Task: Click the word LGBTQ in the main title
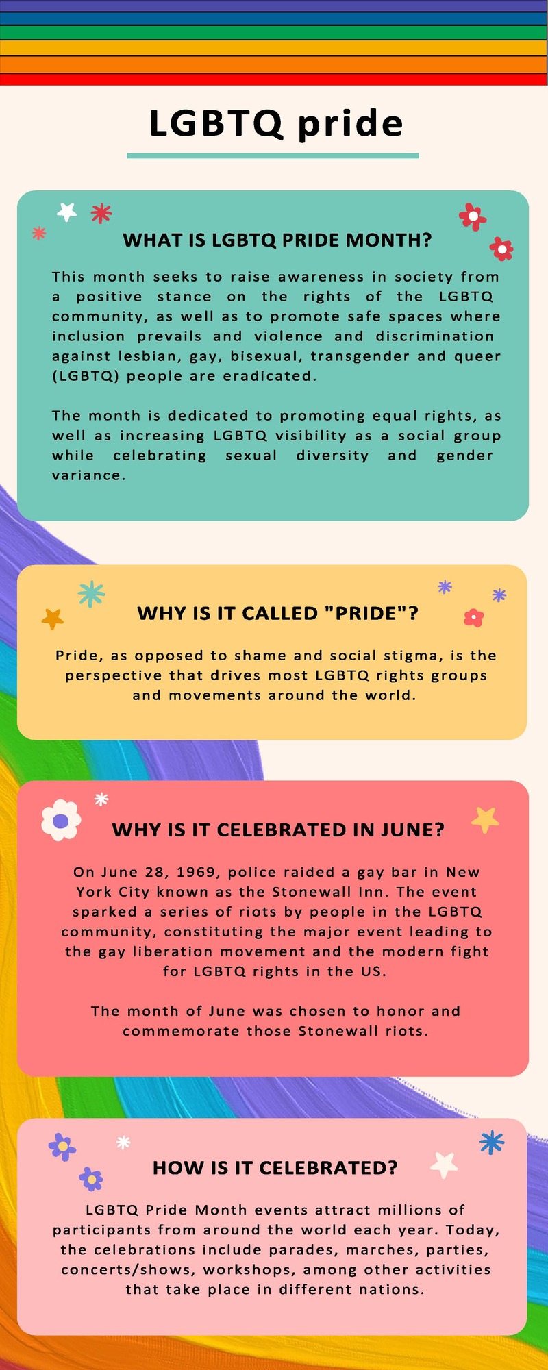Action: tap(215, 124)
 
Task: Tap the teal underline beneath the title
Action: tap(273, 155)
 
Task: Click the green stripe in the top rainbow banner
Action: tap(274, 32)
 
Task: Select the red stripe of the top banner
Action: tap(274, 79)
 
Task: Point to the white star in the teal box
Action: tap(66, 212)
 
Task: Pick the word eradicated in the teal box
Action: tap(281, 376)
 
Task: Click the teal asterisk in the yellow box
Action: tap(91, 594)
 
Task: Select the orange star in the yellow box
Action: tap(53, 619)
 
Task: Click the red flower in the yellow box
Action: tap(473, 618)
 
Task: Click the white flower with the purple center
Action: tap(61, 820)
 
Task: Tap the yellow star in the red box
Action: tap(485, 819)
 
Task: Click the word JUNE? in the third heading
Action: tap(412, 830)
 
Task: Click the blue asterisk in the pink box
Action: tap(491, 1142)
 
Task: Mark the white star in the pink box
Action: tap(444, 1163)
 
